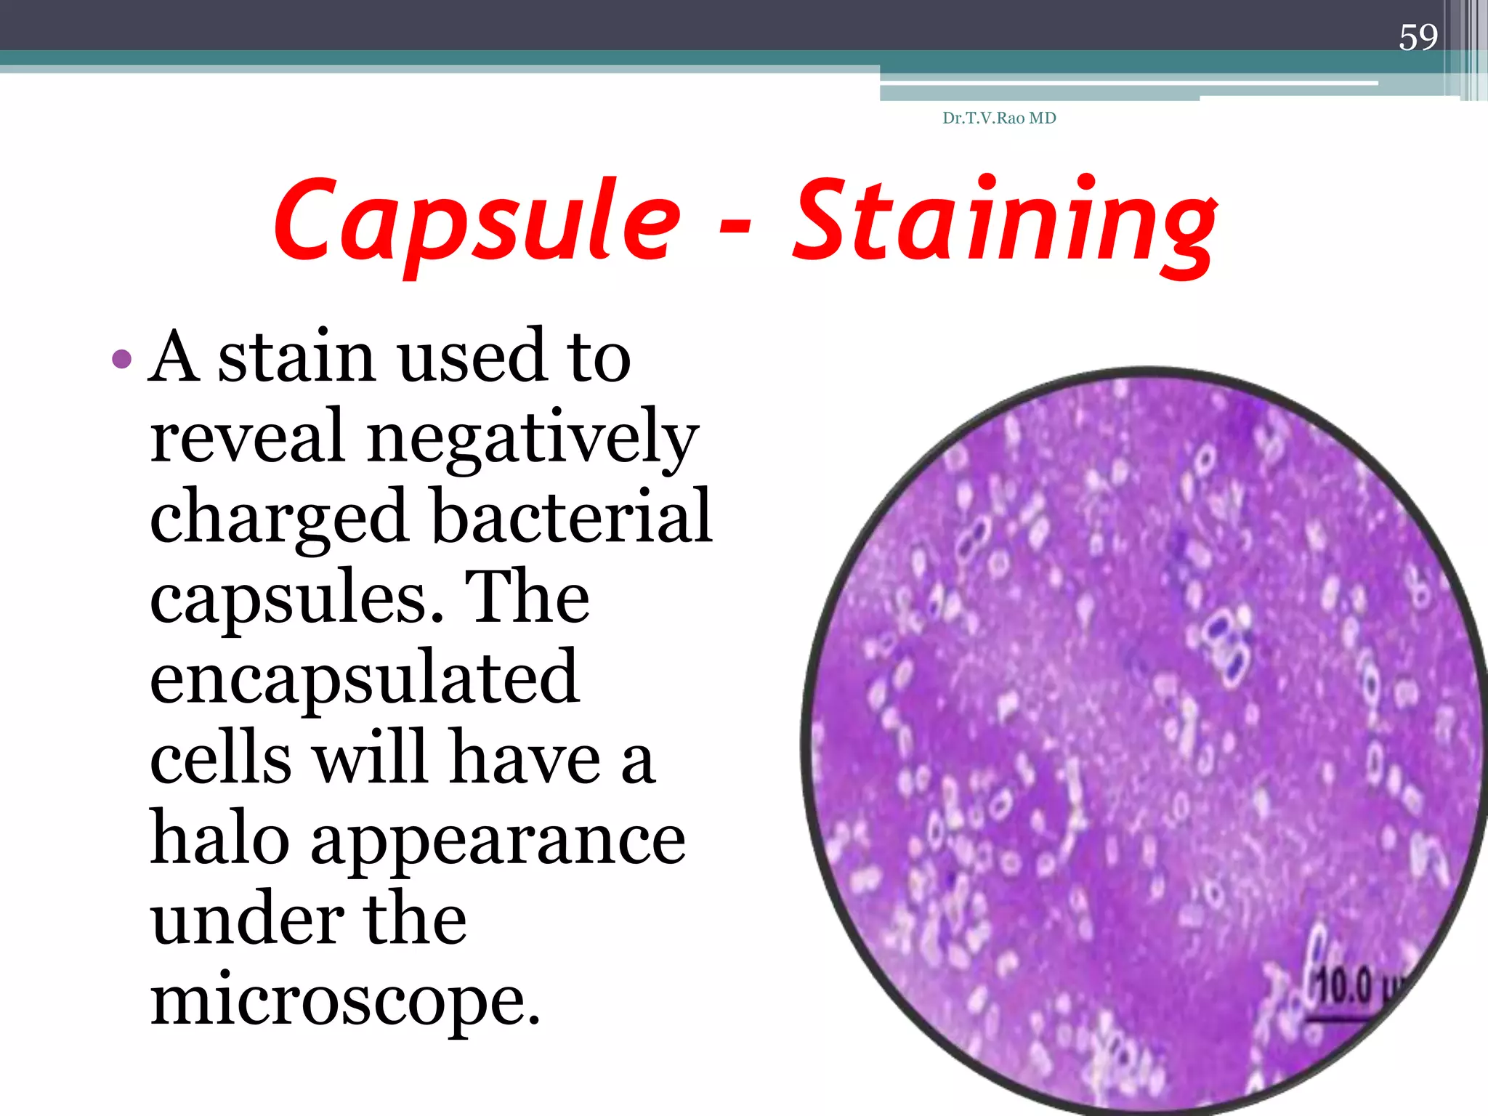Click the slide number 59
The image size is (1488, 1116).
[x=1418, y=37]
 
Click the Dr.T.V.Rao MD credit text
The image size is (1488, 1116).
[x=999, y=118]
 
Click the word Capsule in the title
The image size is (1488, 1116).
[x=477, y=220]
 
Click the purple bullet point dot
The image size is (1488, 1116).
[x=122, y=358]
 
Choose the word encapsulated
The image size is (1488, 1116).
[x=365, y=678]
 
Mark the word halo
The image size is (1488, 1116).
[x=221, y=838]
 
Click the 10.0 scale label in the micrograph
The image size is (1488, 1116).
[x=1346, y=987]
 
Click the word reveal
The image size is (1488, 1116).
[x=247, y=436]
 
